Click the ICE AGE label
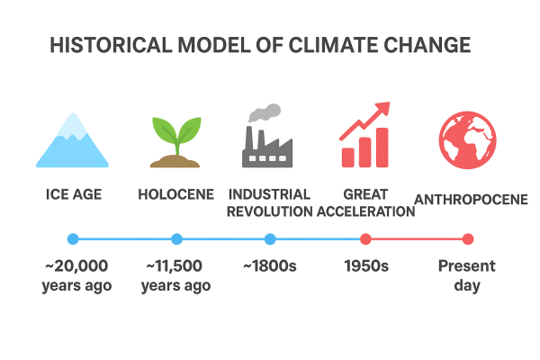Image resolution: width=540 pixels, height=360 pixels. pos(73,194)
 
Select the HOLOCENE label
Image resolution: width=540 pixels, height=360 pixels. pos(176,194)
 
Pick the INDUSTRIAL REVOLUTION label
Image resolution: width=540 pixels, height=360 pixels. pos(269,202)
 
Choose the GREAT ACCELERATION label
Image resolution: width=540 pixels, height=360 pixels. pos(365,202)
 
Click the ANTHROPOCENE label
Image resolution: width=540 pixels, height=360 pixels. pos(470,198)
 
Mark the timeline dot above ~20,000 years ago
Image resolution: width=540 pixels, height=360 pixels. pos(73,238)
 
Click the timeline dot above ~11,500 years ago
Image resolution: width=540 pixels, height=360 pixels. pos(176,238)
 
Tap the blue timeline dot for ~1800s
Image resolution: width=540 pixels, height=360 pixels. pos(270,238)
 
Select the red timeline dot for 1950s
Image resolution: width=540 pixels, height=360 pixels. pos(365,238)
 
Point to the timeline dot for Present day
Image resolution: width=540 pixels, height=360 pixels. pos(467,238)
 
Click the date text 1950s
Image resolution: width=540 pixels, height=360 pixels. pos(365,266)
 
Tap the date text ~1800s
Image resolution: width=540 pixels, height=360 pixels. pos(270,266)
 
